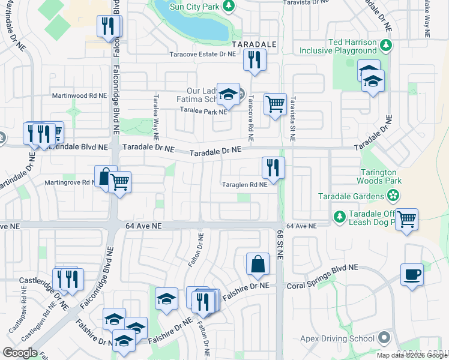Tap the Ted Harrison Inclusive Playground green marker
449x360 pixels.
coord(387,44)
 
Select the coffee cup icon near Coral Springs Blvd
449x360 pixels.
coord(412,274)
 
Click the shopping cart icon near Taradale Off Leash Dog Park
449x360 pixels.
coord(406,219)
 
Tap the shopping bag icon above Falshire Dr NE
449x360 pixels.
coord(258,264)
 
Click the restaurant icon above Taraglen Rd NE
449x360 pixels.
coord(273,167)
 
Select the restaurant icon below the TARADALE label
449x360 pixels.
coord(255,59)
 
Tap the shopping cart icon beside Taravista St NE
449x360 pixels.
coord(275,104)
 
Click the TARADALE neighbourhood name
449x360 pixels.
coord(254,44)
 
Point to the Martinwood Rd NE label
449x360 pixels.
coord(79,95)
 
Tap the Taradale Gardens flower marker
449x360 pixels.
coord(393,195)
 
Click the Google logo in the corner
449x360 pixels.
coord(20,353)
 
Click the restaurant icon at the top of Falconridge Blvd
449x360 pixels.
coord(108,26)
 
